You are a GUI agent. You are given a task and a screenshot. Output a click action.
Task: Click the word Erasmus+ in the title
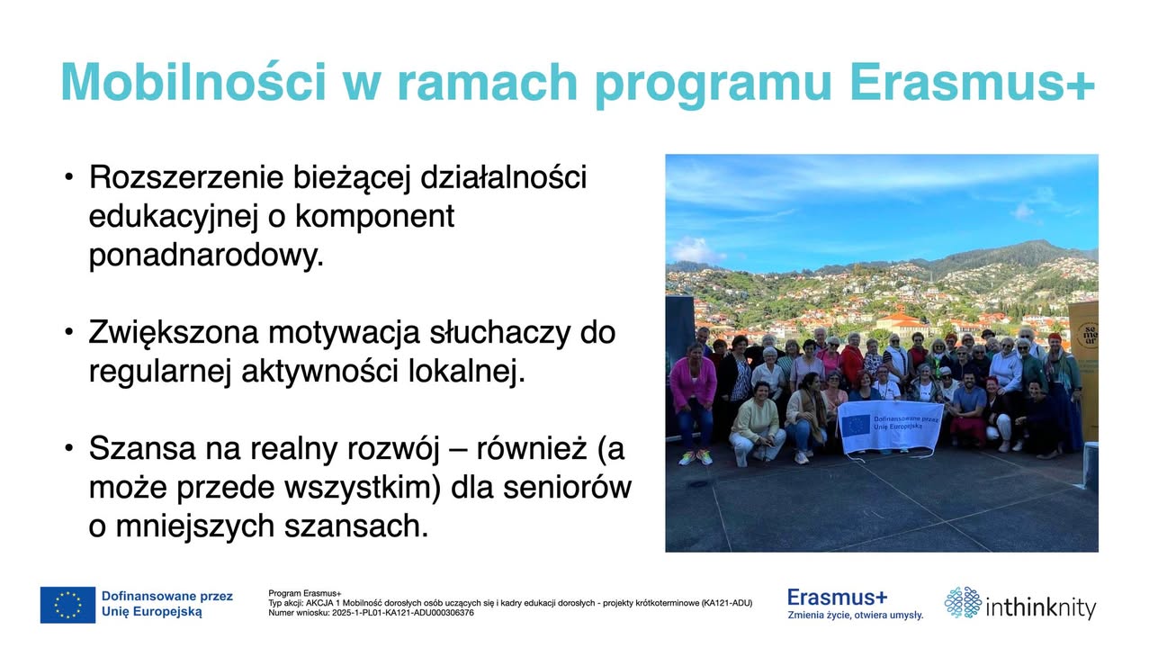972,82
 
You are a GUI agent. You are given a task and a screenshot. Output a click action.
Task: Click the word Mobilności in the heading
193,82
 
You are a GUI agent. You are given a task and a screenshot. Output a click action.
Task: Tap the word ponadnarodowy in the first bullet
206,255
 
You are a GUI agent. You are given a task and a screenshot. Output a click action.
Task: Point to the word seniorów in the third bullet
567,487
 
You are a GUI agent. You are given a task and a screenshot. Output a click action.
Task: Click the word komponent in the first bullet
374,217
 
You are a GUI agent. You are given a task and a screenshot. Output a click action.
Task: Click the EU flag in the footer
67,605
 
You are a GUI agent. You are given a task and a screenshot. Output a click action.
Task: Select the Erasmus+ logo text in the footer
837,598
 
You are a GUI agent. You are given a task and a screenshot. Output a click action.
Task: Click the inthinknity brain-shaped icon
963,602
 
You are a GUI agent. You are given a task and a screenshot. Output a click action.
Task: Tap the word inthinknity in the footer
1041,607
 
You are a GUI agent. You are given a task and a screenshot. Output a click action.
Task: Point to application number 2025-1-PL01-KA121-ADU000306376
403,613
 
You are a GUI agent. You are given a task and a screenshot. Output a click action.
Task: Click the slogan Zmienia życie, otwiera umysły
855,616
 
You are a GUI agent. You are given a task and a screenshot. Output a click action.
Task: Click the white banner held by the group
890,427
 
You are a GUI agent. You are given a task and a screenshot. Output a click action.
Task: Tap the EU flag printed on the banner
856,425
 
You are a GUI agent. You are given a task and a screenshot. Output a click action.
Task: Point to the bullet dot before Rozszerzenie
68,177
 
